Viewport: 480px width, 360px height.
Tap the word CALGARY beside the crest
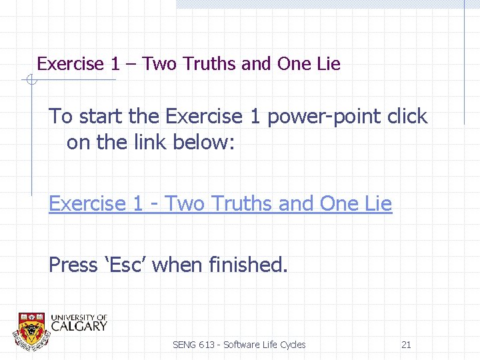pyautogui.click(x=79, y=326)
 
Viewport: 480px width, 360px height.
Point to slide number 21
pyautogui.click(x=406, y=345)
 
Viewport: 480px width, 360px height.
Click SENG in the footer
pyautogui.click(x=184, y=345)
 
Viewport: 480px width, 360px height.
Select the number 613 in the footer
pyautogui.click(x=207, y=345)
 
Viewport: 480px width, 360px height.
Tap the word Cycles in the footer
pyautogui.click(x=292, y=345)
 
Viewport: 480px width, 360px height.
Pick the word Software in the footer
pyautogui.click(x=242, y=345)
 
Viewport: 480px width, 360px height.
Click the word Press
pyautogui.click(x=73, y=265)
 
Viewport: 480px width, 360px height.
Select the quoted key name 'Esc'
pyautogui.click(x=126, y=265)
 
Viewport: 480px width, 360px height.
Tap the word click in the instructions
pyautogui.click(x=407, y=117)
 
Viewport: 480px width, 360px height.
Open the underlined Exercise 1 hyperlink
pyautogui.click(x=220, y=204)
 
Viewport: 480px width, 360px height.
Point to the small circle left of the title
pyautogui.click(x=30, y=81)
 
